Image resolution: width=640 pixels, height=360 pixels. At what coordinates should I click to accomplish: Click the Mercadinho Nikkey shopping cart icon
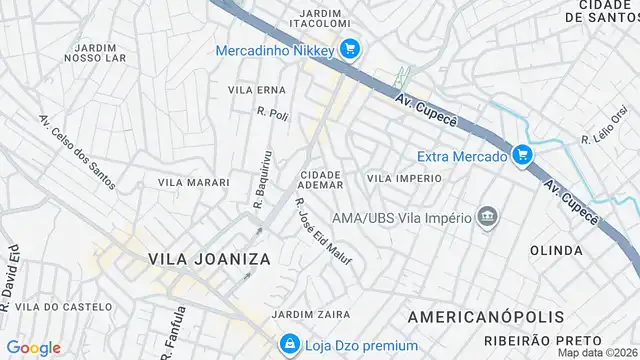(x=349, y=48)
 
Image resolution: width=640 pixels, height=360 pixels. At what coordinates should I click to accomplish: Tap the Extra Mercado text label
(x=461, y=154)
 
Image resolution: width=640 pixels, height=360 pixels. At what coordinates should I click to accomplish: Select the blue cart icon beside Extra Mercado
(x=521, y=154)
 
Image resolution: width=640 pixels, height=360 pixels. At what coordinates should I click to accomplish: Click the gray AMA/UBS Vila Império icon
(x=488, y=217)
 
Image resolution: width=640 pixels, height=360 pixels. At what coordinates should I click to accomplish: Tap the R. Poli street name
(x=272, y=115)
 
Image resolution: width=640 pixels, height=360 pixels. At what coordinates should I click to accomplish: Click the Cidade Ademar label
(x=321, y=179)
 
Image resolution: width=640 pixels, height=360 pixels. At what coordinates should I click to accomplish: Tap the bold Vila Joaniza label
(x=210, y=258)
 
